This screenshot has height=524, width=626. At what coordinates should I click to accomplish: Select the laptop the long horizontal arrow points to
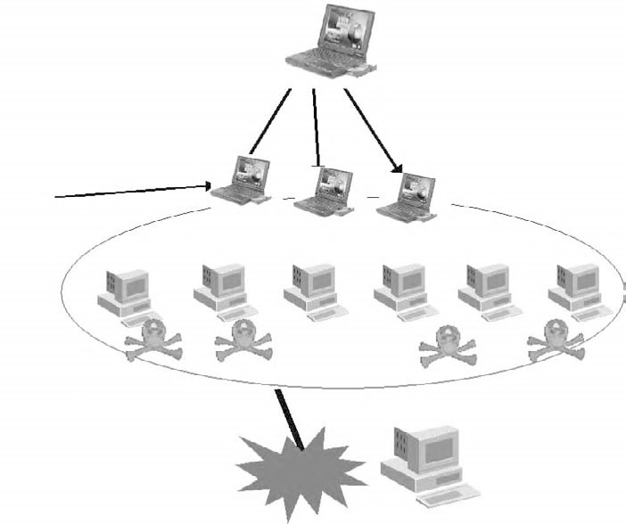click(x=240, y=181)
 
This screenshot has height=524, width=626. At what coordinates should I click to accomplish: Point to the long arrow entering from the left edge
click(x=134, y=191)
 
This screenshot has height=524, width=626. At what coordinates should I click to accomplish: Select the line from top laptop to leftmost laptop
click(x=270, y=120)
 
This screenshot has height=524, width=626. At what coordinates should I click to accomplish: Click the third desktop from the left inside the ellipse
click(x=313, y=290)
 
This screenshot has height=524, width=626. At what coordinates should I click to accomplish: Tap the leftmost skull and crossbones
click(x=152, y=340)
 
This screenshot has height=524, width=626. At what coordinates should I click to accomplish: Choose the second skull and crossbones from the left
click(x=242, y=340)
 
